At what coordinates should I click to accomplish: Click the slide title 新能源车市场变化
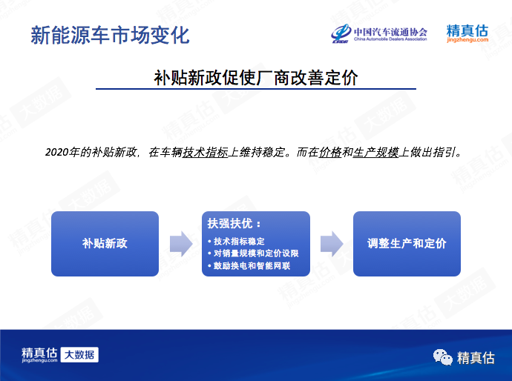(x=110, y=35)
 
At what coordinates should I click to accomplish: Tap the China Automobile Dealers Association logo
(x=378, y=33)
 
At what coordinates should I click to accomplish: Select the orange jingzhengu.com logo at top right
(x=467, y=33)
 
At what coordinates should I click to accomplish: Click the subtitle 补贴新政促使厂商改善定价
(x=256, y=77)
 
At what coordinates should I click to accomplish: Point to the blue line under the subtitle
(x=256, y=88)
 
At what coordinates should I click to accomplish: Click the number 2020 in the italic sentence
(x=57, y=152)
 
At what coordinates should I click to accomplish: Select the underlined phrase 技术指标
(x=205, y=152)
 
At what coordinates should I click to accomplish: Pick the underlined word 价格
(x=330, y=152)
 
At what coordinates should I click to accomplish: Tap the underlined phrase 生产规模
(x=375, y=152)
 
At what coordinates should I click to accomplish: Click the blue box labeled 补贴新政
(x=105, y=244)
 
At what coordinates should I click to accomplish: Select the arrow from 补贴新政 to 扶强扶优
(x=181, y=244)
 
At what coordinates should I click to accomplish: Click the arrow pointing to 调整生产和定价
(x=332, y=244)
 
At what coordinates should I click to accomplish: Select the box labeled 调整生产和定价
(x=407, y=244)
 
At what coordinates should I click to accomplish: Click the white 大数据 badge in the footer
(x=79, y=354)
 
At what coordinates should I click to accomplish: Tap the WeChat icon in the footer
(x=443, y=357)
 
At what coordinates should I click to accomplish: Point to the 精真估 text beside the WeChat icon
(x=476, y=358)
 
